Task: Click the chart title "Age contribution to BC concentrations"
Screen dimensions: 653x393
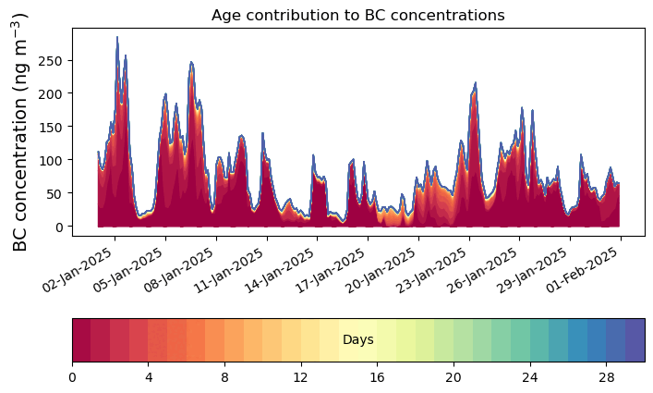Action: [x=357, y=15]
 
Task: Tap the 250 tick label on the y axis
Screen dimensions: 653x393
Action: [x=50, y=61]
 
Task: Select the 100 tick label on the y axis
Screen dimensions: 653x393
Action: [x=50, y=160]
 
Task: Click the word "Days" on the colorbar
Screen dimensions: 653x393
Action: [x=358, y=339]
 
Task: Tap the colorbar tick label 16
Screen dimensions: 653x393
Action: [x=377, y=377]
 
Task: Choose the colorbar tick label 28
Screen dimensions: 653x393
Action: [x=606, y=377]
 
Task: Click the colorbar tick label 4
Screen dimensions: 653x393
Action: [x=149, y=377]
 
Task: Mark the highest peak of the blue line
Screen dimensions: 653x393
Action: [x=117, y=37]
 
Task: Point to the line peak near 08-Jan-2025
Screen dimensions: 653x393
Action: [x=191, y=62]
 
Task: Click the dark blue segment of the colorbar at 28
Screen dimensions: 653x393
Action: [x=615, y=340]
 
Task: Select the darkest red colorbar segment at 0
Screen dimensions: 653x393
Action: [x=81, y=340]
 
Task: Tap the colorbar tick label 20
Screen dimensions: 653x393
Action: [x=453, y=377]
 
